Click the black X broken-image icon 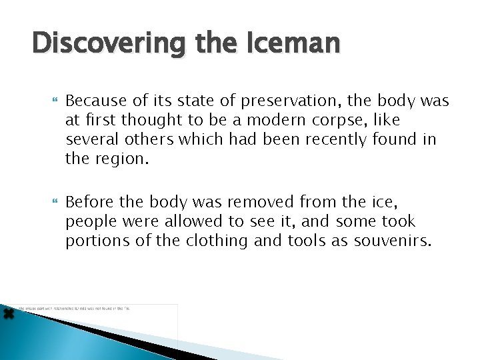pos(8,313)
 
